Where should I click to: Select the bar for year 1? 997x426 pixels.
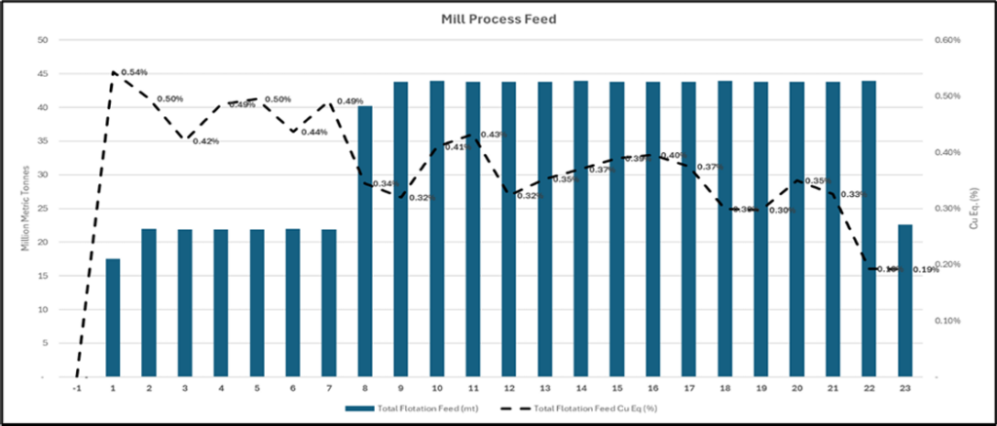point(113,317)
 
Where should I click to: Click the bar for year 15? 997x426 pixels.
point(616,229)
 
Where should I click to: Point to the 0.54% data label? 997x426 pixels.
point(134,72)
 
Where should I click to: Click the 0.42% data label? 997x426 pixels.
point(205,141)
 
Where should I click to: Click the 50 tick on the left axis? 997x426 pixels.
point(41,40)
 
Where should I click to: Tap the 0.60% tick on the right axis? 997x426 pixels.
point(947,40)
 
